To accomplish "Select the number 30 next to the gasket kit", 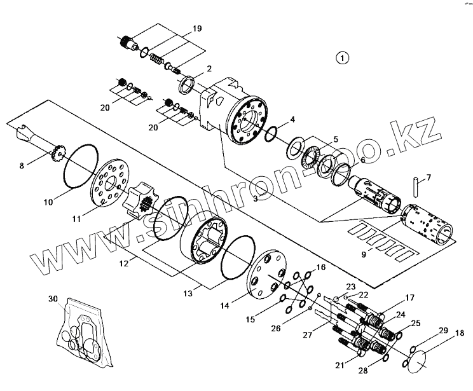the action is pos(52,298).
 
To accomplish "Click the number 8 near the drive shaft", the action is pos(22,165).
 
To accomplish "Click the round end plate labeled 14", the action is pos(268,278).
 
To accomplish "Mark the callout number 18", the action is pos(460,333).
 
